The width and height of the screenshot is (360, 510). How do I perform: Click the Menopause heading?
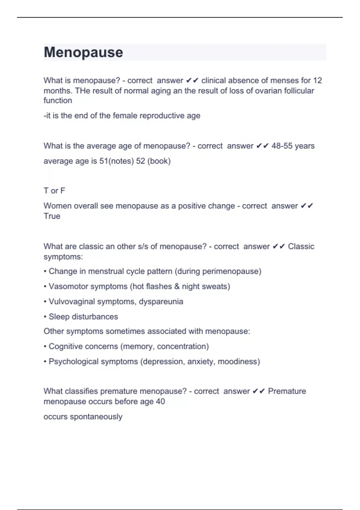[x=83, y=52]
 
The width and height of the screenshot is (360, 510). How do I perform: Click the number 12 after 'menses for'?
[x=317, y=80]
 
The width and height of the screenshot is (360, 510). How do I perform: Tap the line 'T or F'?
[x=54, y=191]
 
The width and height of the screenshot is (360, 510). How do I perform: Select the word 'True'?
[x=52, y=216]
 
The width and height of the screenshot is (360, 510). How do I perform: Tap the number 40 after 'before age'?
[x=160, y=402]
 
